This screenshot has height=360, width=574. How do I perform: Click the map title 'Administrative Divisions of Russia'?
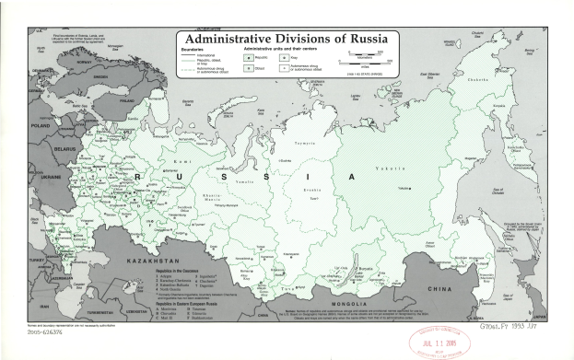pos(292,41)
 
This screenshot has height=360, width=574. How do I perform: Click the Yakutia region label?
pos(394,168)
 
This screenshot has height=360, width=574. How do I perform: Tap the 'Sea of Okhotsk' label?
pos(496,189)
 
